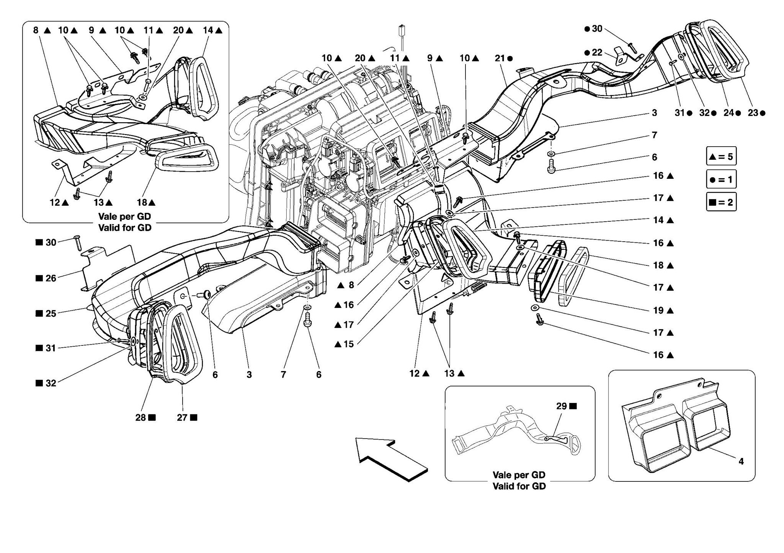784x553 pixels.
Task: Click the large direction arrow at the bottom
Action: click(x=390, y=459)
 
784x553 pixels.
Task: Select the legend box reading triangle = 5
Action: click(x=721, y=156)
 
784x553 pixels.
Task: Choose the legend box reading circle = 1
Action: click(x=721, y=179)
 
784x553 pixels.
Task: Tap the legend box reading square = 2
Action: click(x=721, y=202)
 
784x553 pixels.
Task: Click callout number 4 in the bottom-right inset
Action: click(x=741, y=461)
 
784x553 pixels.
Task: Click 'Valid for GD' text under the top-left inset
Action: click(x=125, y=227)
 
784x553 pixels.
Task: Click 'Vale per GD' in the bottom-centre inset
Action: click(x=519, y=475)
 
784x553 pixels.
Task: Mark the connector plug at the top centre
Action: click(x=402, y=31)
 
